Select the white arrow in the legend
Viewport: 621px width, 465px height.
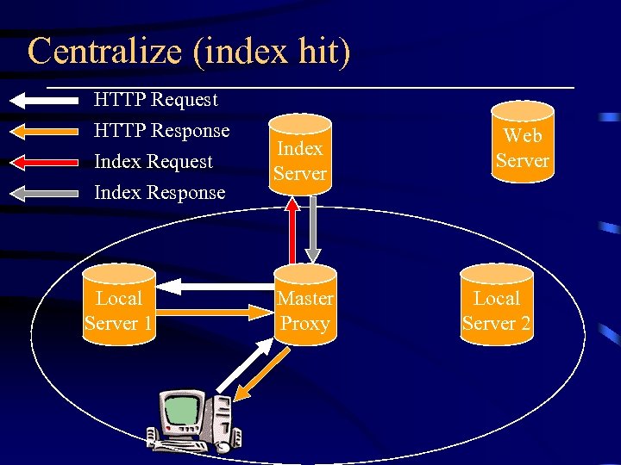pyautogui.click(x=43, y=100)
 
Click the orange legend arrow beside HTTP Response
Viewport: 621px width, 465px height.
pyautogui.click(x=43, y=131)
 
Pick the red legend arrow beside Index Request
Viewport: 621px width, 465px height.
pyautogui.click(x=43, y=162)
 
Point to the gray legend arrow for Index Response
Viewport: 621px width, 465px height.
pyautogui.click(x=43, y=193)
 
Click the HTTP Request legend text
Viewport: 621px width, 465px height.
pyautogui.click(x=155, y=100)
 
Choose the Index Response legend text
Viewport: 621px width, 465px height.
pyautogui.click(x=159, y=193)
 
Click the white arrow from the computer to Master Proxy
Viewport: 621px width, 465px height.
pyautogui.click(x=238, y=367)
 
